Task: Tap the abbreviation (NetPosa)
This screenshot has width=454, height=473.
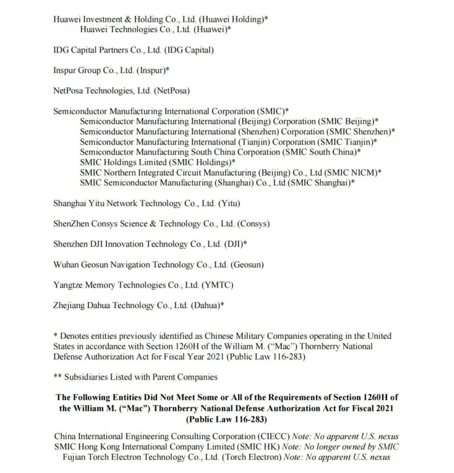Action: tap(170, 91)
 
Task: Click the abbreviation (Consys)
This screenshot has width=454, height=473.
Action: tap(253, 223)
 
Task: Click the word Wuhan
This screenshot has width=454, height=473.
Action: tap(66, 264)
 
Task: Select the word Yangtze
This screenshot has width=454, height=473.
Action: tap(69, 284)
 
